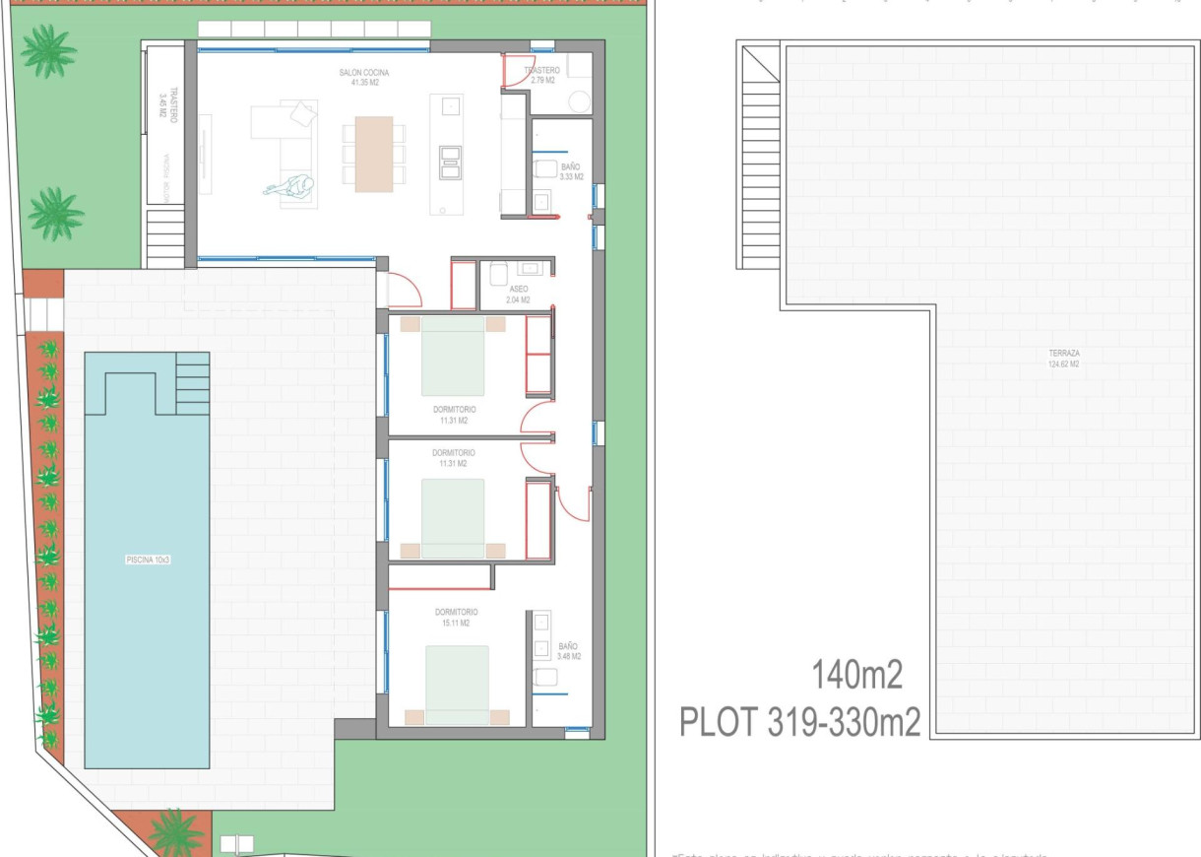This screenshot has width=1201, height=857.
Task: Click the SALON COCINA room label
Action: click(358, 78)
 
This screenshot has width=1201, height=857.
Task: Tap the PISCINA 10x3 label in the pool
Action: click(147, 560)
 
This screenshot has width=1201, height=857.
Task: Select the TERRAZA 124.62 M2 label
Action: click(1063, 358)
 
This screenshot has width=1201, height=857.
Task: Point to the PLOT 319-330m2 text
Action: click(799, 722)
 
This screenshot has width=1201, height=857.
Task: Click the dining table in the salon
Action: click(373, 154)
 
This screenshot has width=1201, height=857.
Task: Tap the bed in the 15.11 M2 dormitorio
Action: click(457, 684)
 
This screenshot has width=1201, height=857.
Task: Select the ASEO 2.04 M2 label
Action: click(518, 294)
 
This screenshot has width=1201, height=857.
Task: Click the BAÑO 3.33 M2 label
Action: click(571, 172)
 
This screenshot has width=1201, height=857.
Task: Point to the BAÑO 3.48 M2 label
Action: click(568, 650)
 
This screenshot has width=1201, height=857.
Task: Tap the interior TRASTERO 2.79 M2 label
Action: click(543, 76)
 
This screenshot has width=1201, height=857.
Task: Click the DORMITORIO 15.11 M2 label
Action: click(457, 618)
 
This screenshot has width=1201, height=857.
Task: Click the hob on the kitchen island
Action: click(452, 161)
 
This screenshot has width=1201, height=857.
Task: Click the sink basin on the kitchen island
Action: click(453, 104)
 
